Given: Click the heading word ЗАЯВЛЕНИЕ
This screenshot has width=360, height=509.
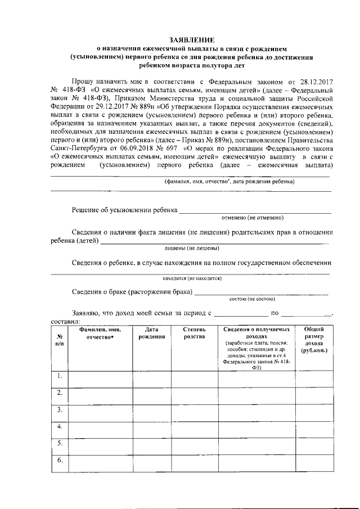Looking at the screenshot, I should point(192,40).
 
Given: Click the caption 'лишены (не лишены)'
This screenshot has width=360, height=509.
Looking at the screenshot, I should point(192,248).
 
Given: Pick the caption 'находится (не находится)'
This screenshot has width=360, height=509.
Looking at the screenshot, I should point(192,278).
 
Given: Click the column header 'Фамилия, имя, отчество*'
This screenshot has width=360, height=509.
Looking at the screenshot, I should point(100,333).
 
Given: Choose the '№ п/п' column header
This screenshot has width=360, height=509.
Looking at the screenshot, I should point(60,339).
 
